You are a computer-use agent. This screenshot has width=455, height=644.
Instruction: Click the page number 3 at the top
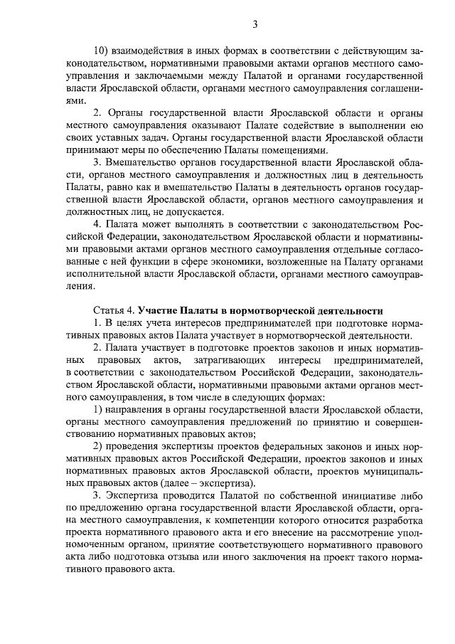tap(255, 26)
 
